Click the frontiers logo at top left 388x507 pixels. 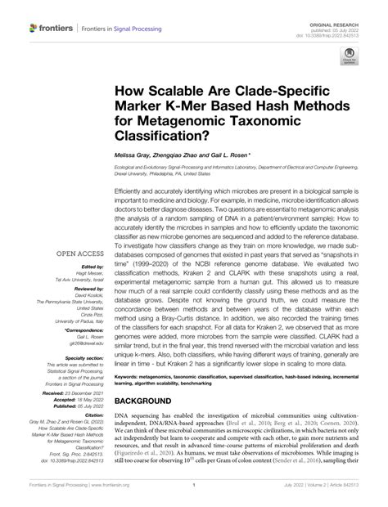tap(52, 27)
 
